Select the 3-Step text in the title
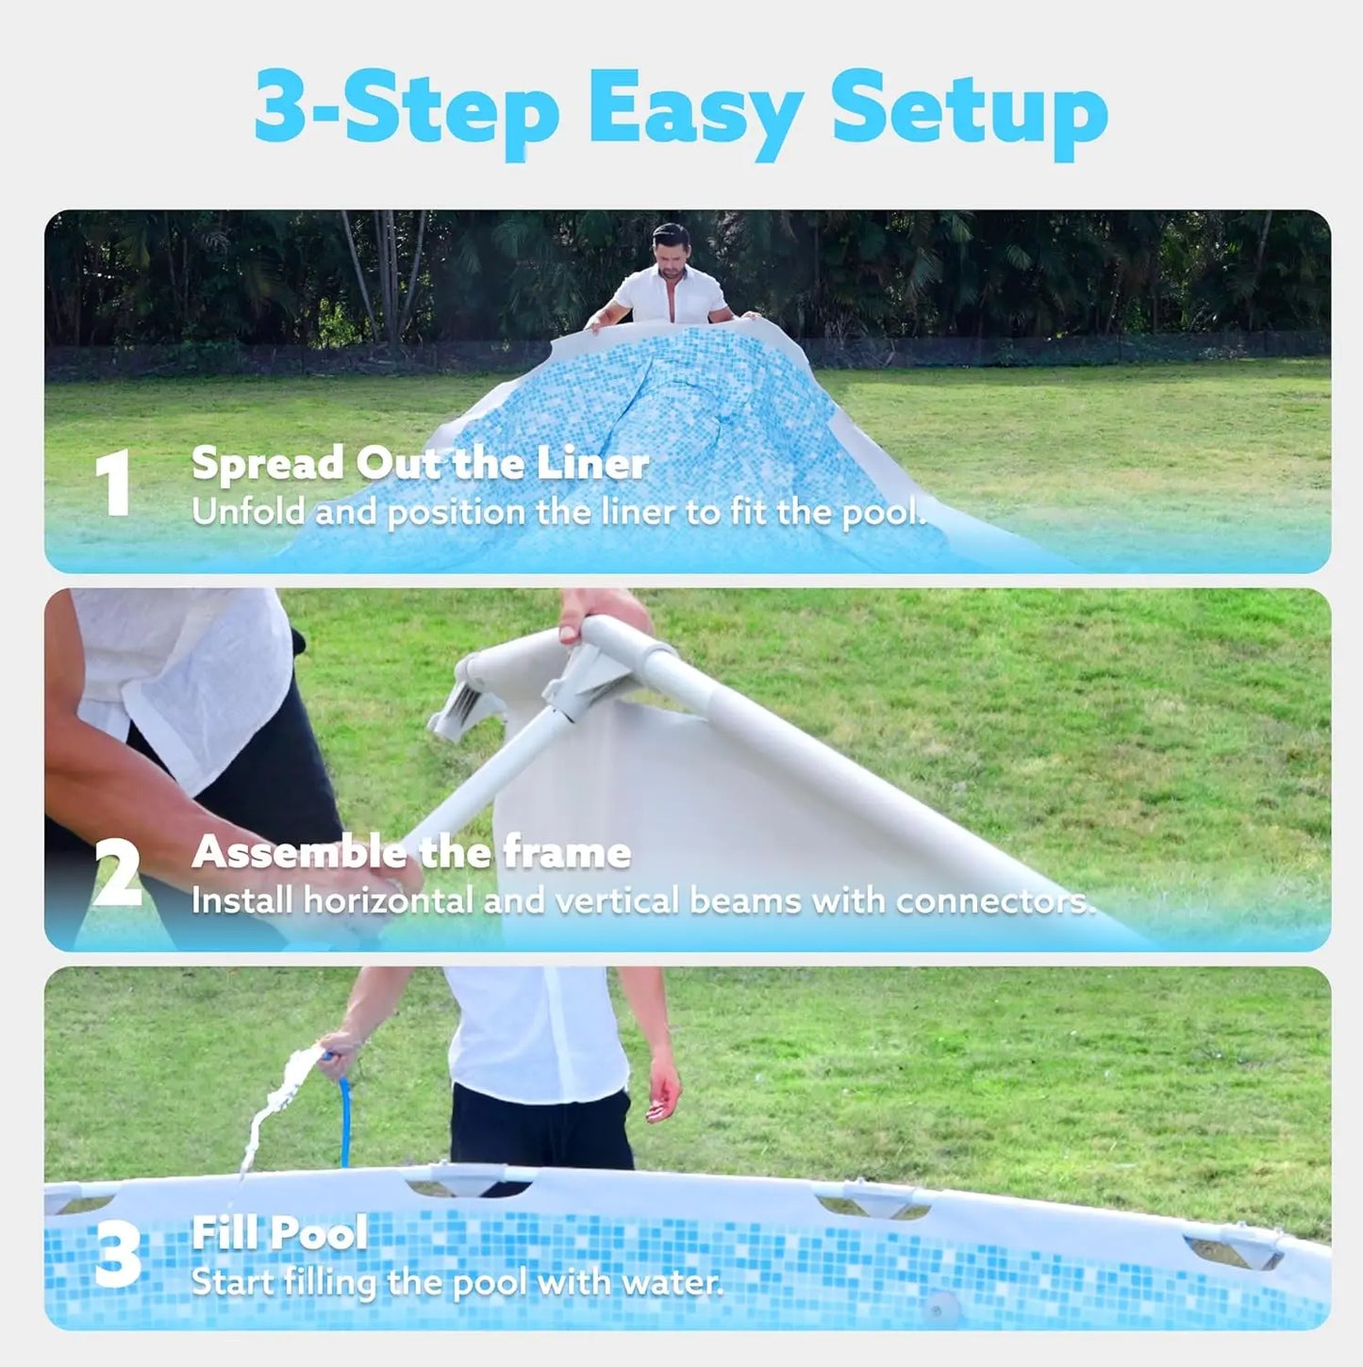tap(407, 112)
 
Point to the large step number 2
tap(117, 874)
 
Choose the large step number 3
tap(117, 1256)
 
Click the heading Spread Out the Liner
tap(420, 464)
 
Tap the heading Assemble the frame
tap(411, 852)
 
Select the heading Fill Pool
tap(279, 1232)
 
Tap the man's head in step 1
tap(672, 248)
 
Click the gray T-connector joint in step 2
tap(580, 675)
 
